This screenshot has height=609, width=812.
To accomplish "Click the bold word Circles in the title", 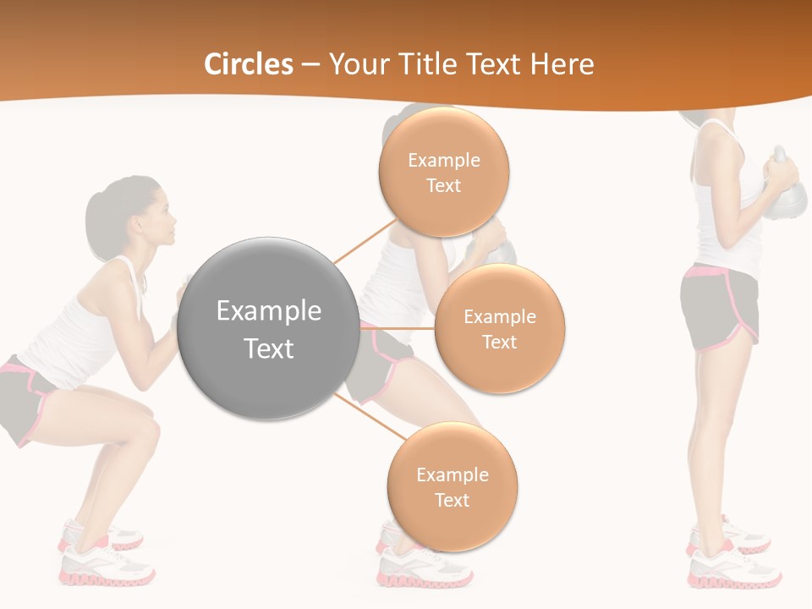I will [249, 64].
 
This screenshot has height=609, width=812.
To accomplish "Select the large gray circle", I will [269, 329].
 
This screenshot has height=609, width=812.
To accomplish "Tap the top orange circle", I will [443, 172].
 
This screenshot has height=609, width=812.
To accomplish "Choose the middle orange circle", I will [499, 329].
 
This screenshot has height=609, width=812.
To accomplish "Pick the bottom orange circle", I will [452, 487].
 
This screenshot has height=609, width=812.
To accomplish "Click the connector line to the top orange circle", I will [365, 242].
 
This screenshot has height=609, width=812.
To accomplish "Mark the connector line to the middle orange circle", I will [396, 328].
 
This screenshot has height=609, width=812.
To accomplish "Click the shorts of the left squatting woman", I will [25, 398].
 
